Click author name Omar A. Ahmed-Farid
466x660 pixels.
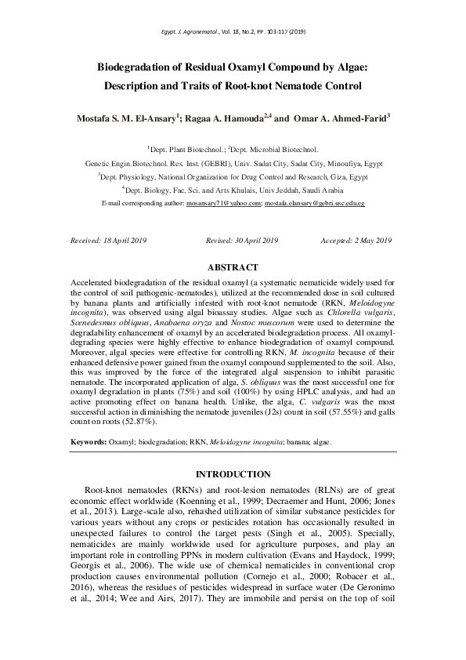pyautogui.click(x=338, y=118)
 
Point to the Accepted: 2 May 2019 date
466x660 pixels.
pyautogui.click(x=356, y=240)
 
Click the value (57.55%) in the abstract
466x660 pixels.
pyautogui.click(x=342, y=412)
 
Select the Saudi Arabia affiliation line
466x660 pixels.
pyautogui.click(x=232, y=190)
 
